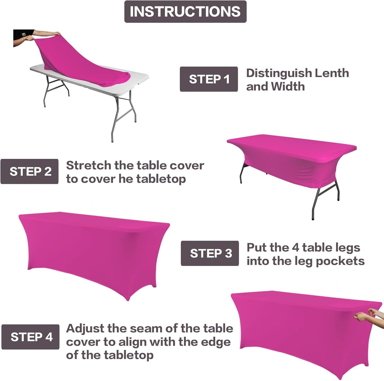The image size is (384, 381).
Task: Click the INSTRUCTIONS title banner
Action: [185, 11]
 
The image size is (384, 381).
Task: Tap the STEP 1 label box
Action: [209, 79]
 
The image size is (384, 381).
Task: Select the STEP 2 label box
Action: [29, 172]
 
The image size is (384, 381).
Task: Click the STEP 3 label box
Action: [210, 253]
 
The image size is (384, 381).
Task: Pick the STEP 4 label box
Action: [30, 337]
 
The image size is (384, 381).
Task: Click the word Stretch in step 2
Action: [88, 165]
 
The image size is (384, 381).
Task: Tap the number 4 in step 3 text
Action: [296, 247]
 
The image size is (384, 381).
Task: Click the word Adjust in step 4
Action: [85, 329]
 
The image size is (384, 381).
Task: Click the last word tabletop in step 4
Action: [129, 355]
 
